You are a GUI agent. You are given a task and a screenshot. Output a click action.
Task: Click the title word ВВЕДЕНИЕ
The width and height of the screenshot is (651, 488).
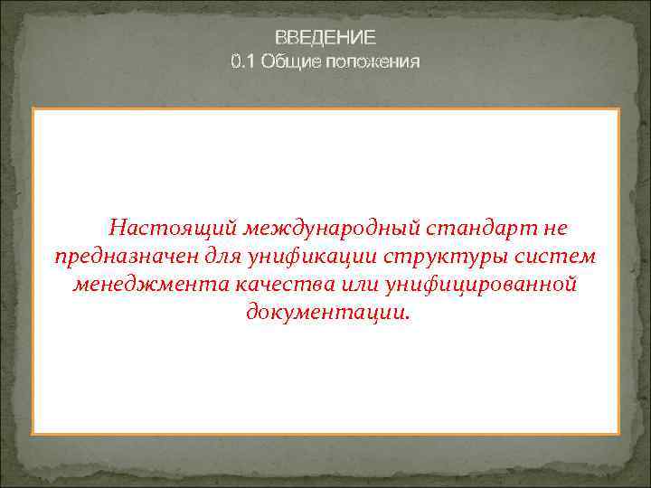point(325,37)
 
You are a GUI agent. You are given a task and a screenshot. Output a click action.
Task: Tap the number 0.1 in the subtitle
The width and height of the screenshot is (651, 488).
point(241,61)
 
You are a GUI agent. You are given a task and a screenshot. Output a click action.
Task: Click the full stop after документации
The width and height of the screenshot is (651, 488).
point(406,319)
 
